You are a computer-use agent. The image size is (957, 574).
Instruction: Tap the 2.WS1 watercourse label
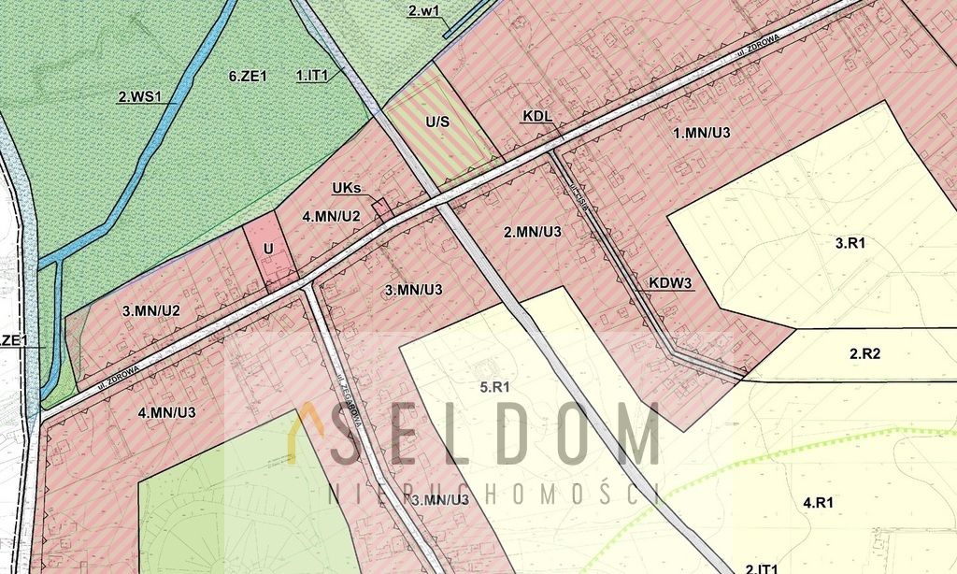(140, 95)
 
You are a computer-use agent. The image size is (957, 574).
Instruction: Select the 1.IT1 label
(312, 75)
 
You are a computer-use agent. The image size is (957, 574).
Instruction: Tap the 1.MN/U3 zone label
(702, 133)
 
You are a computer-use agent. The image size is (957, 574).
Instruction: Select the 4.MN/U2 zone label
(332, 216)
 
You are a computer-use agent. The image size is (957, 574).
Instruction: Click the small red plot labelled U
(268, 249)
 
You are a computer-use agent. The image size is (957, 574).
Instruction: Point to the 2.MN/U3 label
(533, 232)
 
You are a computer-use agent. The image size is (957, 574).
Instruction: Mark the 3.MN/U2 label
(150, 309)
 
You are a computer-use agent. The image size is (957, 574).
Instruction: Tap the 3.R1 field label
(851, 242)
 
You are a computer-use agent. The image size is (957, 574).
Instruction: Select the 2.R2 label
(865, 353)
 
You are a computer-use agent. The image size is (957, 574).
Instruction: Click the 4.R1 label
(818, 503)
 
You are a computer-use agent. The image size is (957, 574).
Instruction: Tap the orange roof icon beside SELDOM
(299, 433)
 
